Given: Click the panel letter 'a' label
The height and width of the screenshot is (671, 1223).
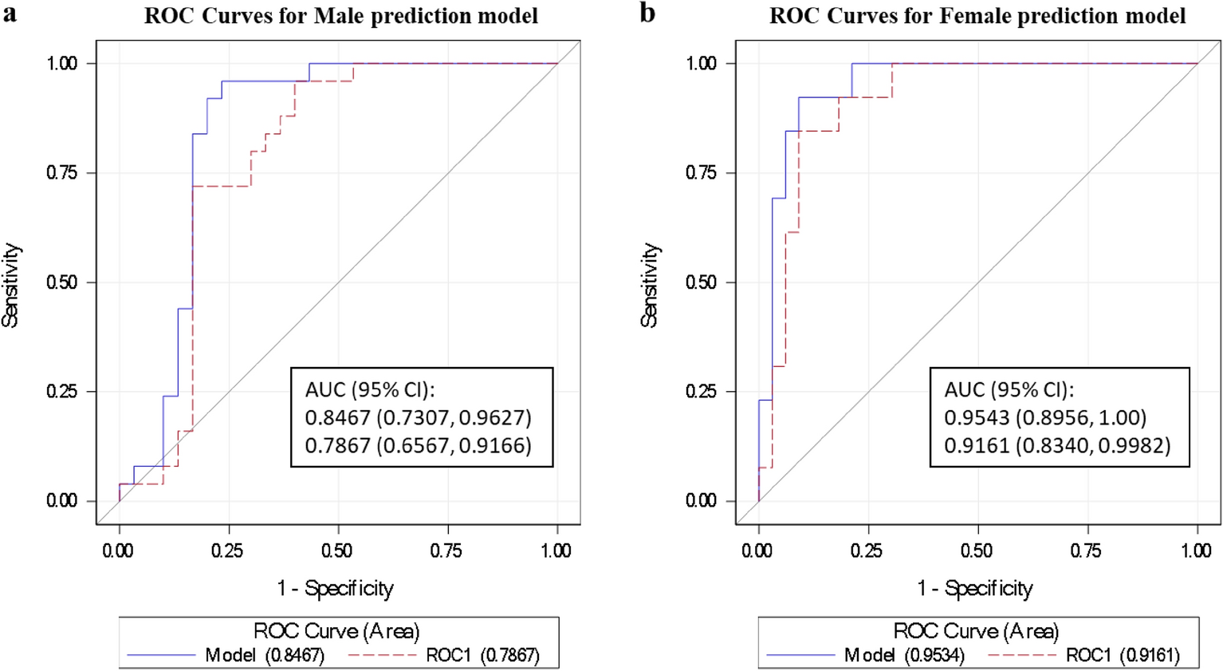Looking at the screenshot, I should [x=9, y=14].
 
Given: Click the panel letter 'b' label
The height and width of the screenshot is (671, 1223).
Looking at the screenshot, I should [x=648, y=14].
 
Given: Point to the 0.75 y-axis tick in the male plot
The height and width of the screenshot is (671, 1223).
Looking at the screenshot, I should [x=61, y=173].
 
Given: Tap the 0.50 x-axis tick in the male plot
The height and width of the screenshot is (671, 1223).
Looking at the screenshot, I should [x=337, y=551].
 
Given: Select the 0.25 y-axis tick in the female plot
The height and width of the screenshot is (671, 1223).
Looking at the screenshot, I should [x=701, y=392].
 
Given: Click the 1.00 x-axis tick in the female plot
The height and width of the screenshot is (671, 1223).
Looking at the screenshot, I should [x=1196, y=551].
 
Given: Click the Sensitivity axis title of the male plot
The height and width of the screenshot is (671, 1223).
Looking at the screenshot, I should [x=11, y=285].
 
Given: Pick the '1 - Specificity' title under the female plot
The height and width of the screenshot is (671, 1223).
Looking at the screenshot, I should [x=975, y=589].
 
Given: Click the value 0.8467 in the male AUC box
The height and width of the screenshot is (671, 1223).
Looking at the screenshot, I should [x=337, y=417].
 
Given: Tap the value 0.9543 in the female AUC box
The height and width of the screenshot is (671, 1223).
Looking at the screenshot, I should [x=977, y=417].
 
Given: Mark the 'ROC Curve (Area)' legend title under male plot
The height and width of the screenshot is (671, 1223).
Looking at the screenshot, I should [x=336, y=632].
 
